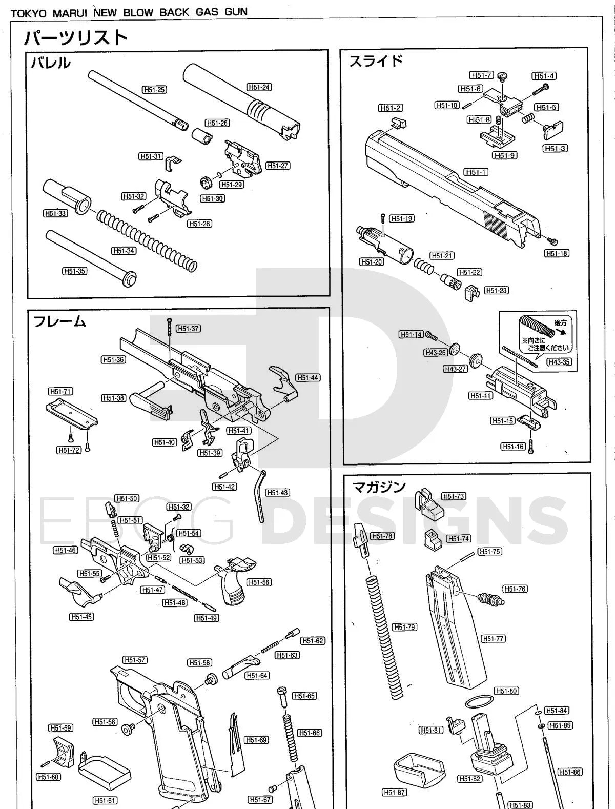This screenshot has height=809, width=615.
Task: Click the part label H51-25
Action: (154, 90)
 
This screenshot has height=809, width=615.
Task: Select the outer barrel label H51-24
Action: (259, 87)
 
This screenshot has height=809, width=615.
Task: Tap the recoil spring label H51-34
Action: (124, 251)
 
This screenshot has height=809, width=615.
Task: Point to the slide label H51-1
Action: (476, 172)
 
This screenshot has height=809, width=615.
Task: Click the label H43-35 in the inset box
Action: (559, 362)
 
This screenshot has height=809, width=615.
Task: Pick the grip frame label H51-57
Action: (135, 660)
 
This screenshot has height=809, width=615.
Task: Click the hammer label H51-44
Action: (307, 378)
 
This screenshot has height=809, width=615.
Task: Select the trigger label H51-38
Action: (113, 398)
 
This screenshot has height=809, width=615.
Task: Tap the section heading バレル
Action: (50, 63)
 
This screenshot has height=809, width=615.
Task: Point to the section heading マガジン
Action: (379, 487)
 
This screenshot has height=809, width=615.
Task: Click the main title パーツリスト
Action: (76, 38)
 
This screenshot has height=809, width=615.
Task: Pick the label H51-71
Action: (60, 391)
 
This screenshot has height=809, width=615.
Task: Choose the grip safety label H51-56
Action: (259, 582)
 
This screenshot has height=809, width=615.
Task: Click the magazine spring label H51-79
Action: (404, 627)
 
